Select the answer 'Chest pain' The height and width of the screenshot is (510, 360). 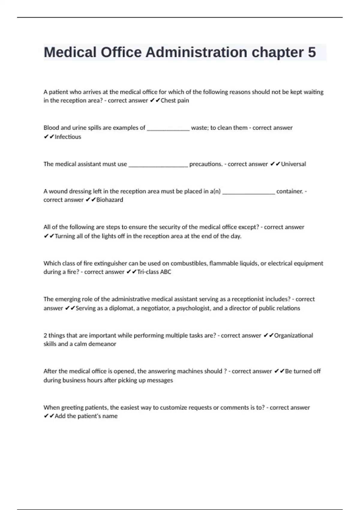pyautogui.click(x=175, y=100)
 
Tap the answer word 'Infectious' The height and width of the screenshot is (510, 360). pyautogui.click(x=68, y=137)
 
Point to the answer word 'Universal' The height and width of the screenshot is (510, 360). pyautogui.click(x=293, y=164)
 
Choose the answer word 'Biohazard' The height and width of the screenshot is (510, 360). pyautogui.click(x=109, y=200)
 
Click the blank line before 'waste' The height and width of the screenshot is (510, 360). pyautogui.click(x=168, y=129)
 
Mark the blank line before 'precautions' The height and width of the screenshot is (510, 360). pyautogui.click(x=158, y=165)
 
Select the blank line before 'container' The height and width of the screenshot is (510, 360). pyautogui.click(x=248, y=193)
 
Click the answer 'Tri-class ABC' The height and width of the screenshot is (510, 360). pyautogui.click(x=154, y=272)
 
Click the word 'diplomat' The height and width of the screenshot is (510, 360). pyautogui.click(x=121, y=308)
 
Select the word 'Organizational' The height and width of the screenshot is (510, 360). pyautogui.click(x=293, y=335)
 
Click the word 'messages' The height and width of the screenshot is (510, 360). pyautogui.click(x=160, y=380)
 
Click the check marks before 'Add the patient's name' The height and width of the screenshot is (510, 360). pyautogui.click(x=49, y=416)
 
